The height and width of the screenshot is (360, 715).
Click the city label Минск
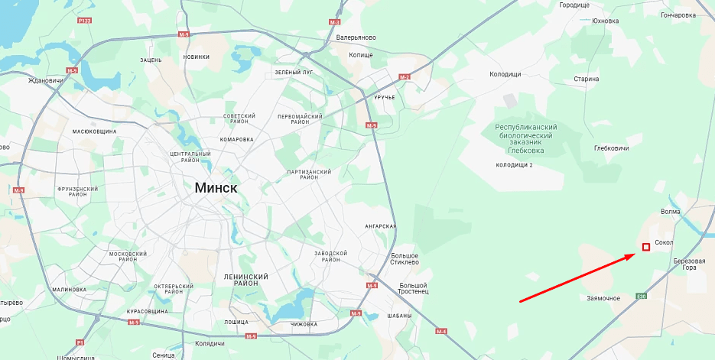pyautogui.click(x=216, y=187)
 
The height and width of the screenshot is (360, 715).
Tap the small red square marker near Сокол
pyautogui.click(x=646, y=247)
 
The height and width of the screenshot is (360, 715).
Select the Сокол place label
pyautogui.click(x=664, y=242)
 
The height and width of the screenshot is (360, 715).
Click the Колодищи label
pyautogui.click(x=505, y=74)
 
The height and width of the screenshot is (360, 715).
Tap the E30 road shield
pyautogui.click(x=642, y=296)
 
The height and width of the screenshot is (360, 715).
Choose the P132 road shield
pyautogui.click(x=84, y=21)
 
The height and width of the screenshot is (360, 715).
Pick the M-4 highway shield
pyautogui.click(x=440, y=331)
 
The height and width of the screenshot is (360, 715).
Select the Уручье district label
pyautogui.click(x=385, y=98)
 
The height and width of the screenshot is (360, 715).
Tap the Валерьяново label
pyautogui.click(x=356, y=37)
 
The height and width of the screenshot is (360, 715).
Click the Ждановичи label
pyautogui.click(x=45, y=80)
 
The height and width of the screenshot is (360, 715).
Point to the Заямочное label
pyautogui.click(x=603, y=298)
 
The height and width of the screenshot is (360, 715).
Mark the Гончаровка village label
pyautogui.click(x=678, y=15)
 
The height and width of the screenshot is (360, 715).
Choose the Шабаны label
pyautogui.click(x=399, y=316)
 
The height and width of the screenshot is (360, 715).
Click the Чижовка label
pyautogui.click(x=304, y=324)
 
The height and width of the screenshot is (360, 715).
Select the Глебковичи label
pyautogui.click(x=611, y=148)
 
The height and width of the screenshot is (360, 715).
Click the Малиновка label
pyautogui.click(x=70, y=290)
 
